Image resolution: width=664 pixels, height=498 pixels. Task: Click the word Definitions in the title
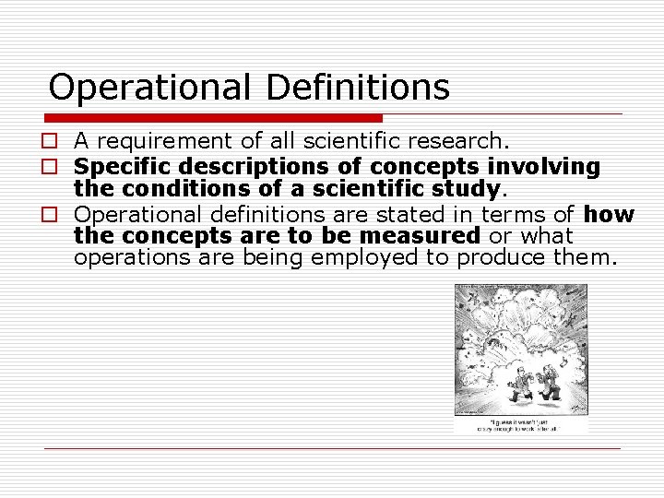point(358,88)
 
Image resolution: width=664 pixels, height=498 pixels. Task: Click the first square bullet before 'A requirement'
point(56,141)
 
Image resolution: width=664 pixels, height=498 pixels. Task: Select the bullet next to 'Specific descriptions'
point(56,167)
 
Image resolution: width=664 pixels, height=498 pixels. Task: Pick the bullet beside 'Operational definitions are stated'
point(56,215)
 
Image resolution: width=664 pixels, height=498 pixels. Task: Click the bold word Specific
point(124,167)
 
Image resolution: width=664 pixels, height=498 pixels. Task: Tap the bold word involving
point(544,166)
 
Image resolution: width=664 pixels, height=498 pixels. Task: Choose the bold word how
point(610,214)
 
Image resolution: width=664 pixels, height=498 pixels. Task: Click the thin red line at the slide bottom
point(332,448)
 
